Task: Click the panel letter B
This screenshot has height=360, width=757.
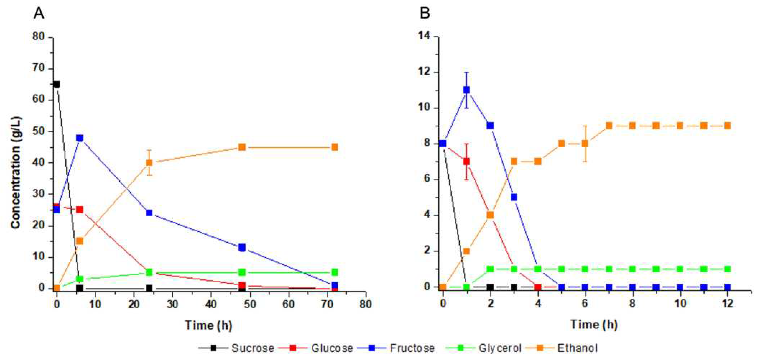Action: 425,13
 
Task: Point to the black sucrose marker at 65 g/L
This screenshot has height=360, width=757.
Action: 57,85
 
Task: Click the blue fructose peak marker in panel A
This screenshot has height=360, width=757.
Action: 80,138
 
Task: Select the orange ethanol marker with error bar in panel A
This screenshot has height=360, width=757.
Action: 149,163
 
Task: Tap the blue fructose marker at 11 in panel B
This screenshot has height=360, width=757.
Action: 466,90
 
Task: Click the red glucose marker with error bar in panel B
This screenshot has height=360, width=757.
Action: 466,161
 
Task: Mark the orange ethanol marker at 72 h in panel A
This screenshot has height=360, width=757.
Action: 335,147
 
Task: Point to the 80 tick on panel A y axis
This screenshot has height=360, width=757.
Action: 38,37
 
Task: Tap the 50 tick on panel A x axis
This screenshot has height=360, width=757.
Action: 250,304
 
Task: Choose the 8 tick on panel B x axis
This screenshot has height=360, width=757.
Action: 632,303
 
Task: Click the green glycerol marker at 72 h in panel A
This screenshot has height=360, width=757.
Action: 335,272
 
